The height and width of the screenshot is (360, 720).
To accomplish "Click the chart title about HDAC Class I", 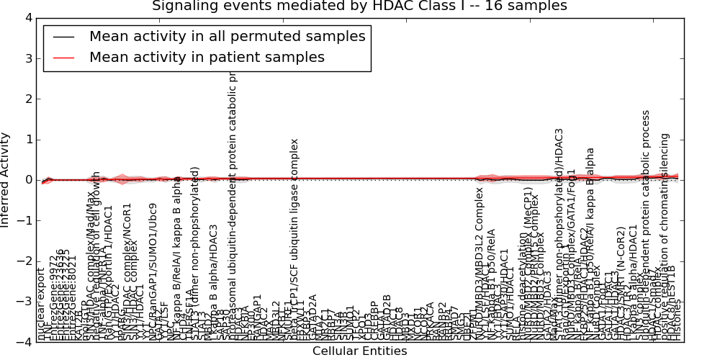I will coord(359,6).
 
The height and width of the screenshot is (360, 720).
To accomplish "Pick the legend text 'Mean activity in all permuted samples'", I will coord(227,36).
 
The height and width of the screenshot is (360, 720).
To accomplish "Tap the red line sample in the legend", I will coord(63,58).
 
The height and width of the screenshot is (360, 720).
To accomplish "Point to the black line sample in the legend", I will coord(63,37).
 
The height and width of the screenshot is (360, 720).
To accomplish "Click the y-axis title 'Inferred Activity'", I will coord(6,180).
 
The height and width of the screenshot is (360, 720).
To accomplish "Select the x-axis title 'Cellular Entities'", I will coord(359,351).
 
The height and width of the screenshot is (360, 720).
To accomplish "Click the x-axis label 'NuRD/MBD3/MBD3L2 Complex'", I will coord(480,263).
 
